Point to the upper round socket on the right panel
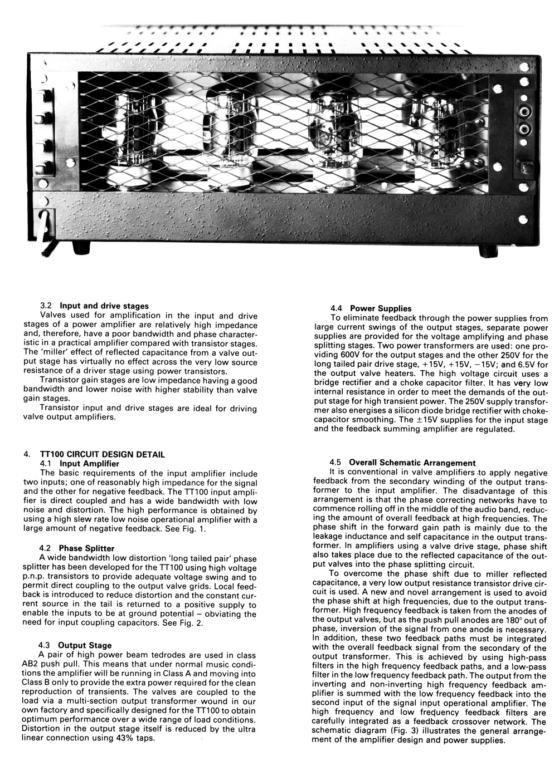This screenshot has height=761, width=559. click(524, 112)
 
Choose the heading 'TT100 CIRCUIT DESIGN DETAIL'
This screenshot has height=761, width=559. click(103, 454)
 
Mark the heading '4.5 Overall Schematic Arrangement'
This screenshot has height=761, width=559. click(402, 463)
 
